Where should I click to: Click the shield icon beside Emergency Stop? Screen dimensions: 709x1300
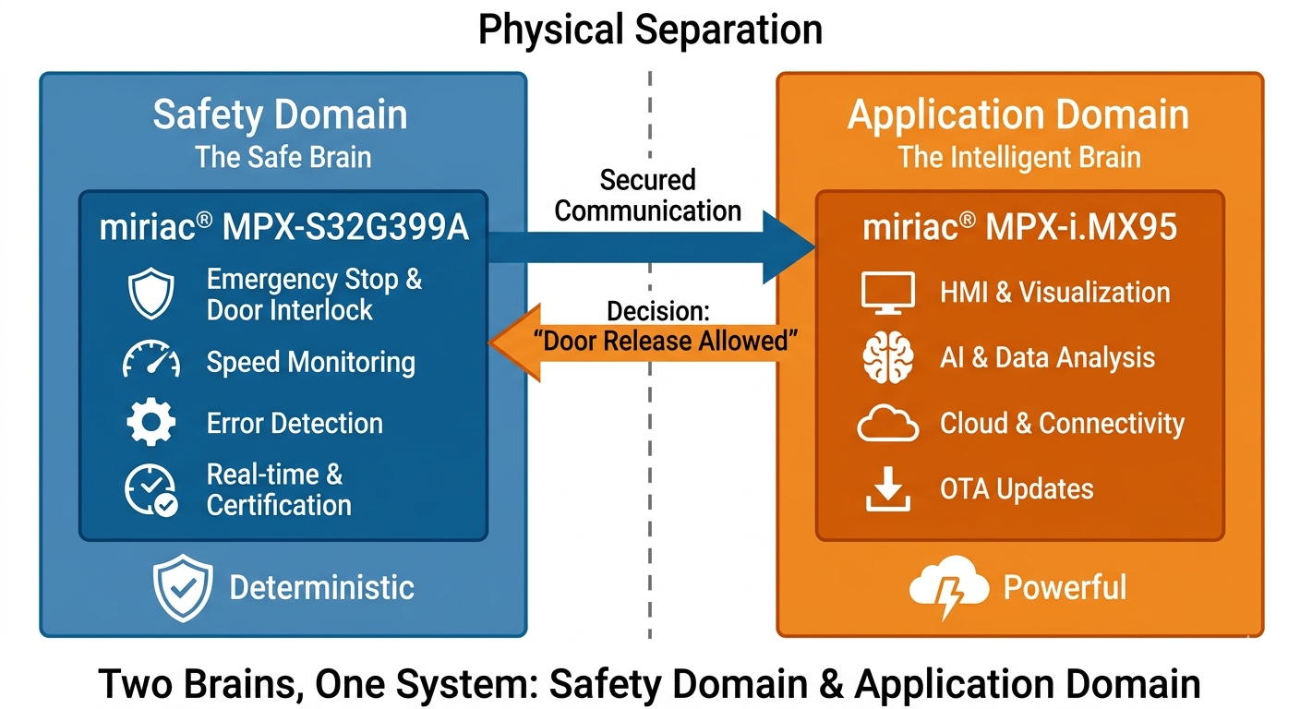point(150,294)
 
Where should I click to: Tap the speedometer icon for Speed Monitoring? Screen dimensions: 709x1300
point(150,361)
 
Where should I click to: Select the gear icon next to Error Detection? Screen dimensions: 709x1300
point(150,423)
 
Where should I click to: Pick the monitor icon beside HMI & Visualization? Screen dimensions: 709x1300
point(887,293)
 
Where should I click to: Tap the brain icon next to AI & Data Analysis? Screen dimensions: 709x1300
point(887,358)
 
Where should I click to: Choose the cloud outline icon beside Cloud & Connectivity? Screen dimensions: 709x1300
point(887,424)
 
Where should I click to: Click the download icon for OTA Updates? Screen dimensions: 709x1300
point(887,489)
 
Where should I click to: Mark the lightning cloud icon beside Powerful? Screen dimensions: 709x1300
point(941,588)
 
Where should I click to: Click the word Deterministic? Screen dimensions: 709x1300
point(321,587)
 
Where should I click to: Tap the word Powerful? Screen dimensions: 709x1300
point(1065,587)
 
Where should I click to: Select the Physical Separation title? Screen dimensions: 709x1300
point(650,30)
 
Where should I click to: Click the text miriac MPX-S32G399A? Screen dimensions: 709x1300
point(283,228)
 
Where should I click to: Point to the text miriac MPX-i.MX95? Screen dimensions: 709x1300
point(1019,228)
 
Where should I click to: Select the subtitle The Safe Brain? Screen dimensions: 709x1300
point(283,157)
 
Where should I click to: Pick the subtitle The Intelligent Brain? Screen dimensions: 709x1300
point(1019,157)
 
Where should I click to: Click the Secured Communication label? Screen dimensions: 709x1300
point(647,195)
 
